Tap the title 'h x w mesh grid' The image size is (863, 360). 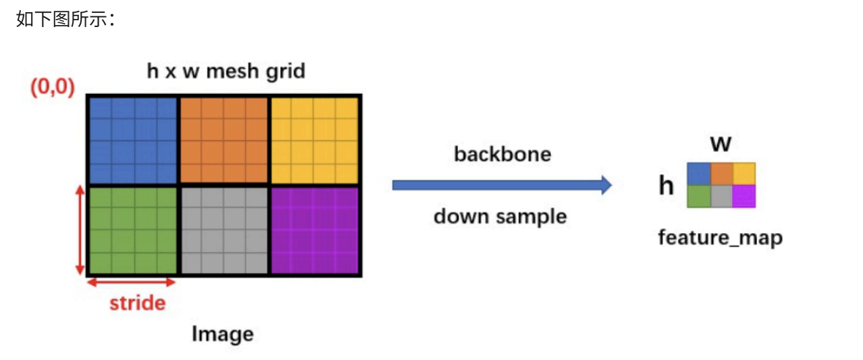click(x=226, y=71)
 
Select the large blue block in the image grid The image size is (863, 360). click(x=132, y=140)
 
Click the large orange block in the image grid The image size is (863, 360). click(x=224, y=140)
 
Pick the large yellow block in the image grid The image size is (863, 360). click(x=315, y=140)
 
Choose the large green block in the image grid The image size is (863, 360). click(x=132, y=230)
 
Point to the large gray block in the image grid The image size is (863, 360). click(x=224, y=230)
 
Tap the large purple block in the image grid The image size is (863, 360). click(x=315, y=230)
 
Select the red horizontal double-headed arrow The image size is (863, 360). click(x=132, y=282)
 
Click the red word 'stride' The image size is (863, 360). click(x=137, y=303)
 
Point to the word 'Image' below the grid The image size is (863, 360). click(x=222, y=334)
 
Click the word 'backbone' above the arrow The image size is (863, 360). click(x=502, y=154)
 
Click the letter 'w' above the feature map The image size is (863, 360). click(x=721, y=143)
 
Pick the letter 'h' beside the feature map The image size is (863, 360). click(x=666, y=185)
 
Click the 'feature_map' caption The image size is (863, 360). click(x=721, y=238)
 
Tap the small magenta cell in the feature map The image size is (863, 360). click(x=743, y=196)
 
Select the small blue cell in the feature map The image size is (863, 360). click(x=699, y=174)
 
